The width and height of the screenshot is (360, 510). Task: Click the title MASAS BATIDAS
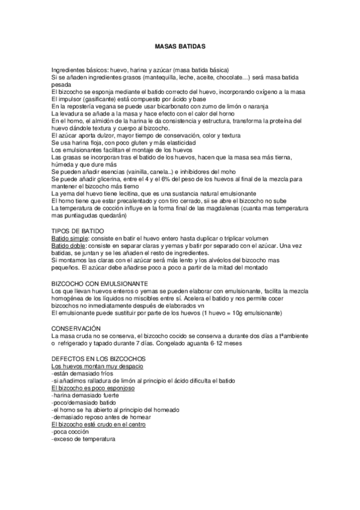point(180,46)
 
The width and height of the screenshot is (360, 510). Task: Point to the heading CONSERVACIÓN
point(76,328)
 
